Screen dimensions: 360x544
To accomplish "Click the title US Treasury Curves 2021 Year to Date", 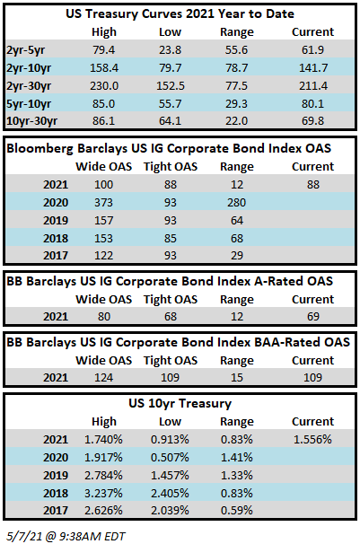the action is pyautogui.click(x=180, y=13).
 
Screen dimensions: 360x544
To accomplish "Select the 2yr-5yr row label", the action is pyautogui.click(x=26, y=50).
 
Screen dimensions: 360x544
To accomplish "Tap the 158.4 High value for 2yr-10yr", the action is pyautogui.click(x=104, y=67).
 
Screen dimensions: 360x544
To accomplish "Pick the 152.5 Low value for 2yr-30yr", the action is pyautogui.click(x=171, y=85).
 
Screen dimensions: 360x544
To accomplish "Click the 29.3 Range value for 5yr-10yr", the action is pyautogui.click(x=236, y=104).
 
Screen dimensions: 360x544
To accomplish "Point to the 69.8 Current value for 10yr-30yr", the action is pyautogui.click(x=312, y=120).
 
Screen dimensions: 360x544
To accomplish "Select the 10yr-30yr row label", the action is pyautogui.click(x=32, y=121).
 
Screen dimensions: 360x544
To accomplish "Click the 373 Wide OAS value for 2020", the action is pyautogui.click(x=104, y=202).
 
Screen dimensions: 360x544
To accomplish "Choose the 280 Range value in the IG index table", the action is pyautogui.click(x=236, y=202).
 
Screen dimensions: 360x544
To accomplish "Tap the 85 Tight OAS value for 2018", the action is pyautogui.click(x=171, y=239).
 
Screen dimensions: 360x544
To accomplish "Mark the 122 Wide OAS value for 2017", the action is pyautogui.click(x=104, y=255).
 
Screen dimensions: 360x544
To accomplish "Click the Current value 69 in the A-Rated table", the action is pyautogui.click(x=312, y=316).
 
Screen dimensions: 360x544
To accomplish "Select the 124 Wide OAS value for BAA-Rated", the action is pyautogui.click(x=104, y=377).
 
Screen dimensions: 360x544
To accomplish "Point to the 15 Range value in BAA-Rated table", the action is pyautogui.click(x=236, y=377).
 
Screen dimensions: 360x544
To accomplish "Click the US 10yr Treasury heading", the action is pyautogui.click(x=180, y=403).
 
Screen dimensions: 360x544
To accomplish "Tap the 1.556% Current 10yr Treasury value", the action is pyautogui.click(x=312, y=439).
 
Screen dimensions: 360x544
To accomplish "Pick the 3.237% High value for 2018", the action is pyautogui.click(x=103, y=493).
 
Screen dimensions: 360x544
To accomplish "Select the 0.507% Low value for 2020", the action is pyautogui.click(x=170, y=457).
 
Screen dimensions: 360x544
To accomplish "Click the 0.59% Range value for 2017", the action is pyautogui.click(x=236, y=511).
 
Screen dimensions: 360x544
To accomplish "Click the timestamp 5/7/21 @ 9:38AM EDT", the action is pyautogui.click(x=66, y=536).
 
